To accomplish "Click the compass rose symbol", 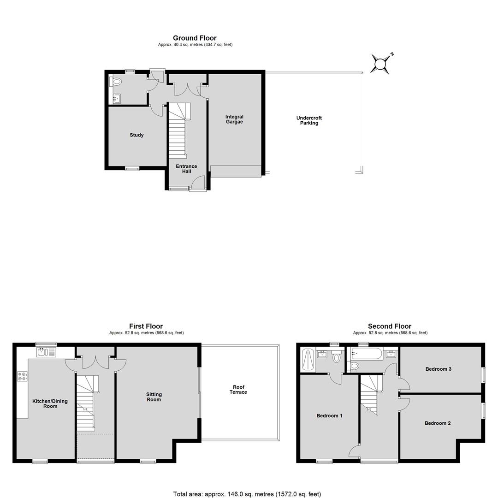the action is pos(380,64).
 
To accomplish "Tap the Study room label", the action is pos(136,135).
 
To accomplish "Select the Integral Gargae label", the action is pos(234,119).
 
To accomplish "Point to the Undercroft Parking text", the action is pos(309,120).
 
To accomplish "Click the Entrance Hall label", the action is pos(186,169).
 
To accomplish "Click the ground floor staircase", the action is pos(178,130).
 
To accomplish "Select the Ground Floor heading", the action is pos(195,38).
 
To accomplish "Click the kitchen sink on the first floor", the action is pos(46,352).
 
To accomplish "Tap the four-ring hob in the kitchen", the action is pos(22,376).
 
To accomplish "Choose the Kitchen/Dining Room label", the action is pos(50,403).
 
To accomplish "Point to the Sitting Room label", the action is pos(154,397).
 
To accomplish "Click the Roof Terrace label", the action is pos(238,389).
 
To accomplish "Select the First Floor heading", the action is pos(146,326).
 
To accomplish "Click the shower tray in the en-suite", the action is pos(308,360).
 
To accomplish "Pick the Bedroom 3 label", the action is pos(439,369).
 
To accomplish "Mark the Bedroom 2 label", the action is pos(438,423).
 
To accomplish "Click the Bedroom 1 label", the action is pos(329,416).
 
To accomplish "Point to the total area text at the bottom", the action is pos(247,494).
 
